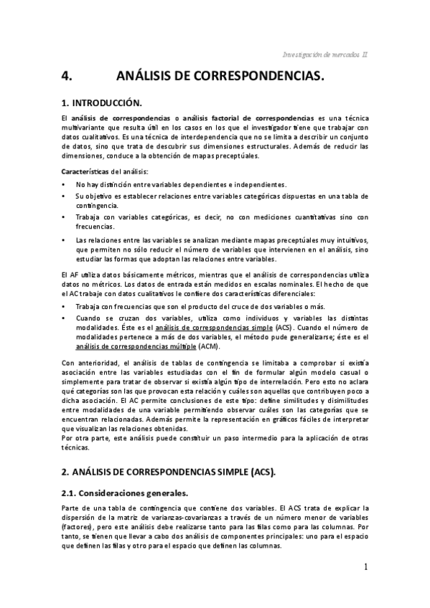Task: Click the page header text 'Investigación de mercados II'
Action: pos(325,54)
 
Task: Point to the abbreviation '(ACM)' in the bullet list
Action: pos(209,346)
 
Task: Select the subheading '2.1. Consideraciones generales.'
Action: pos(124,493)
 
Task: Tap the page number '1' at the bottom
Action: pos(365,566)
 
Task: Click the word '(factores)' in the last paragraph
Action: pos(78,526)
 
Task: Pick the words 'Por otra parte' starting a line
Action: pos(83,437)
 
